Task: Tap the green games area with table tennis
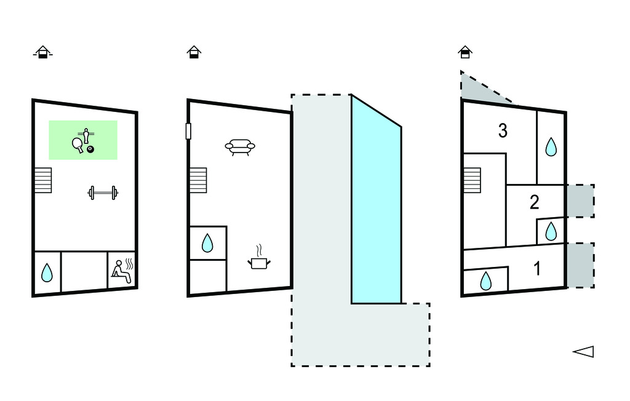coord(83,140)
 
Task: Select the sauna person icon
coord(122,271)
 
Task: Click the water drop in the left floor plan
coord(47,272)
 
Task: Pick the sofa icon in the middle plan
coord(240,147)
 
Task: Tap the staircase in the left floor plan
coord(43,180)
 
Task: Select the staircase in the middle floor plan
coord(198,180)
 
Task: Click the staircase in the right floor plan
coord(471,180)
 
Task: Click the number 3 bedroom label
coord(503,131)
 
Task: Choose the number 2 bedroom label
coord(534,202)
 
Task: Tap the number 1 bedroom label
coord(537,269)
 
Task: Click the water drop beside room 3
coord(551,146)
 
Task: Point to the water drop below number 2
coord(551,231)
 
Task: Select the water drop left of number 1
coord(486,280)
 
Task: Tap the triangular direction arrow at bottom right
coord(583,351)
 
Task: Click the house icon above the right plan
coord(465,52)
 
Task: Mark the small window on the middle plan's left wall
coord(188,131)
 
